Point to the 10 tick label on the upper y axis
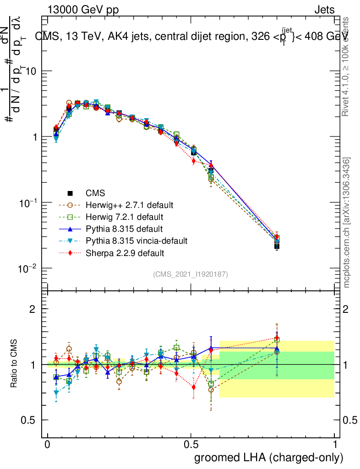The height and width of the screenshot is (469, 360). click(31, 71)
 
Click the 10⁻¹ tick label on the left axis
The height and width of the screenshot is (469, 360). click(28, 202)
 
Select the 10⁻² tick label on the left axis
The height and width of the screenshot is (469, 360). click(28, 268)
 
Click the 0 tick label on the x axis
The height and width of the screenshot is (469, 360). click(48, 444)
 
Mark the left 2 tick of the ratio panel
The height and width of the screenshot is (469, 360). click(33, 309)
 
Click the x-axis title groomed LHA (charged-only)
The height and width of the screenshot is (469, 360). click(269, 458)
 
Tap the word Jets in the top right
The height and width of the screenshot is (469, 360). click(324, 11)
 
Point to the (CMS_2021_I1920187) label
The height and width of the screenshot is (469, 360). click(191, 274)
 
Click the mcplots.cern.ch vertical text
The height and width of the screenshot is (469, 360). click(347, 222)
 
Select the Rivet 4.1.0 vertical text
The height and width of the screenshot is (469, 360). click(347, 67)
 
